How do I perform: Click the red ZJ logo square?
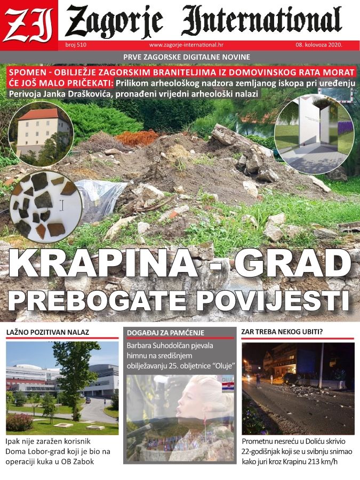point(29,21)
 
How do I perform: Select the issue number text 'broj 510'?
point(76,45)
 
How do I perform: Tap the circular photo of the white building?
point(41,134)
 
